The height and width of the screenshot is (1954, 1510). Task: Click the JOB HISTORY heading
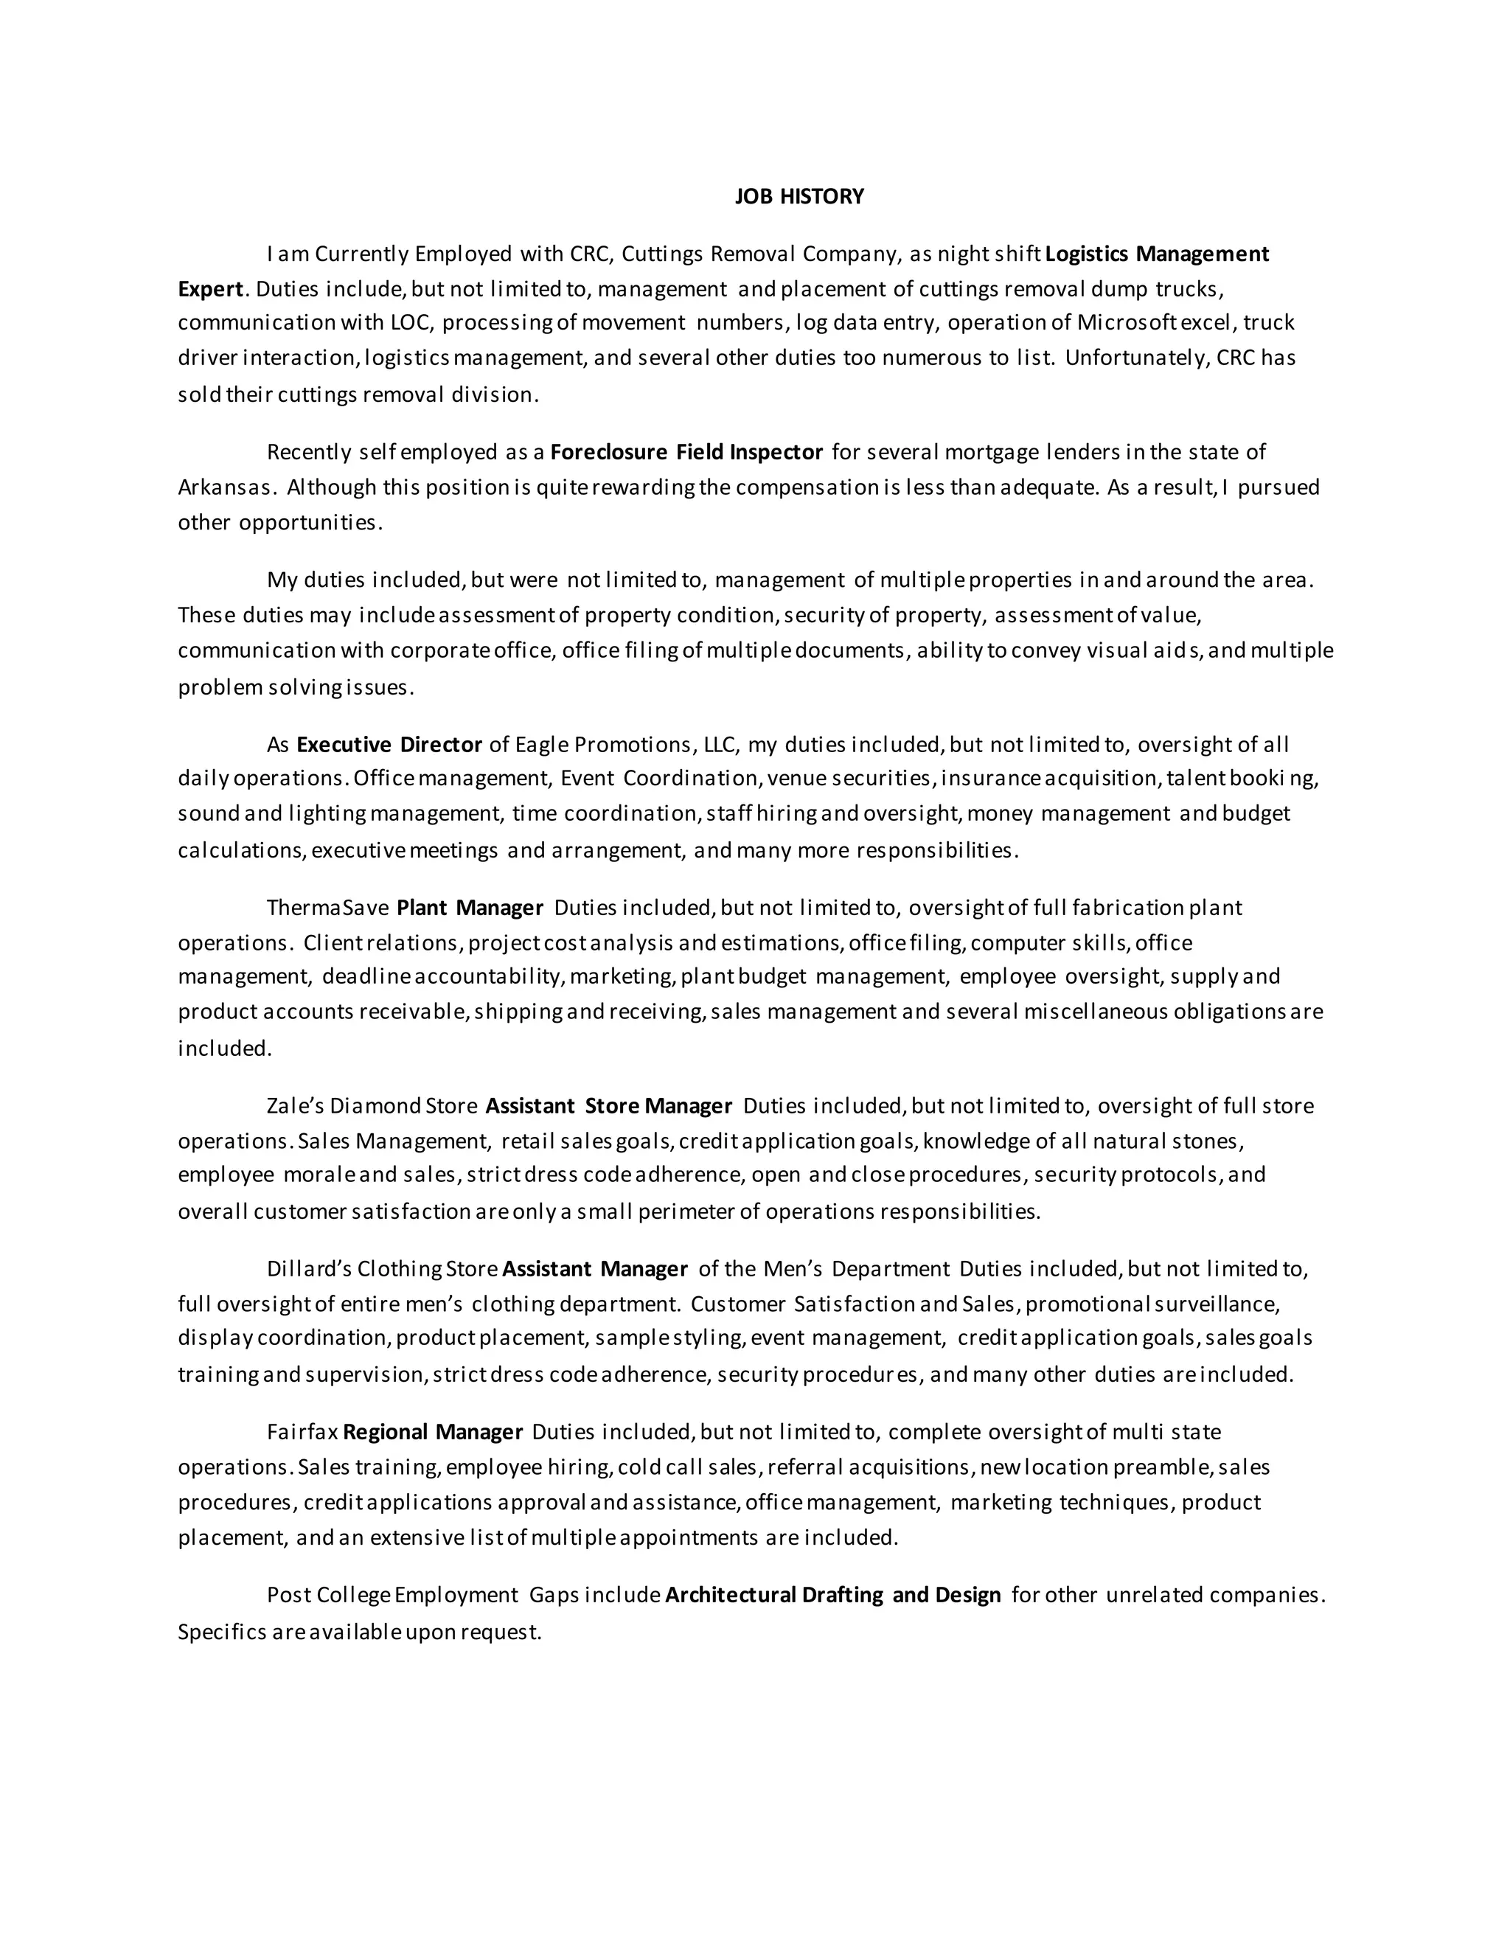tap(799, 197)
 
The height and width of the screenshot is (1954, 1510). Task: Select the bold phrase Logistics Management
tap(1157, 254)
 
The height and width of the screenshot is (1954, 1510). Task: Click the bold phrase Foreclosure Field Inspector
tap(686, 452)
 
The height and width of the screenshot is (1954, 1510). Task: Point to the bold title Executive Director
tap(389, 745)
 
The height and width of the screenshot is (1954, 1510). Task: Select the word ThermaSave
tap(327, 908)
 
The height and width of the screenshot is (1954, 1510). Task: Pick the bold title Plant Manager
tap(470, 908)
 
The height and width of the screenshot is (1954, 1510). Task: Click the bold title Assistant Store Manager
tap(608, 1106)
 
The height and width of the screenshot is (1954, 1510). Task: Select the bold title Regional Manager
tap(433, 1433)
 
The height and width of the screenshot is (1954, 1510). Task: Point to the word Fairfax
tap(302, 1433)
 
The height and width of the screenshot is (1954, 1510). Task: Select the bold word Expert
tap(210, 289)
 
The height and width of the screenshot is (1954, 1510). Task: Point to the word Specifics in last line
tap(222, 1632)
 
